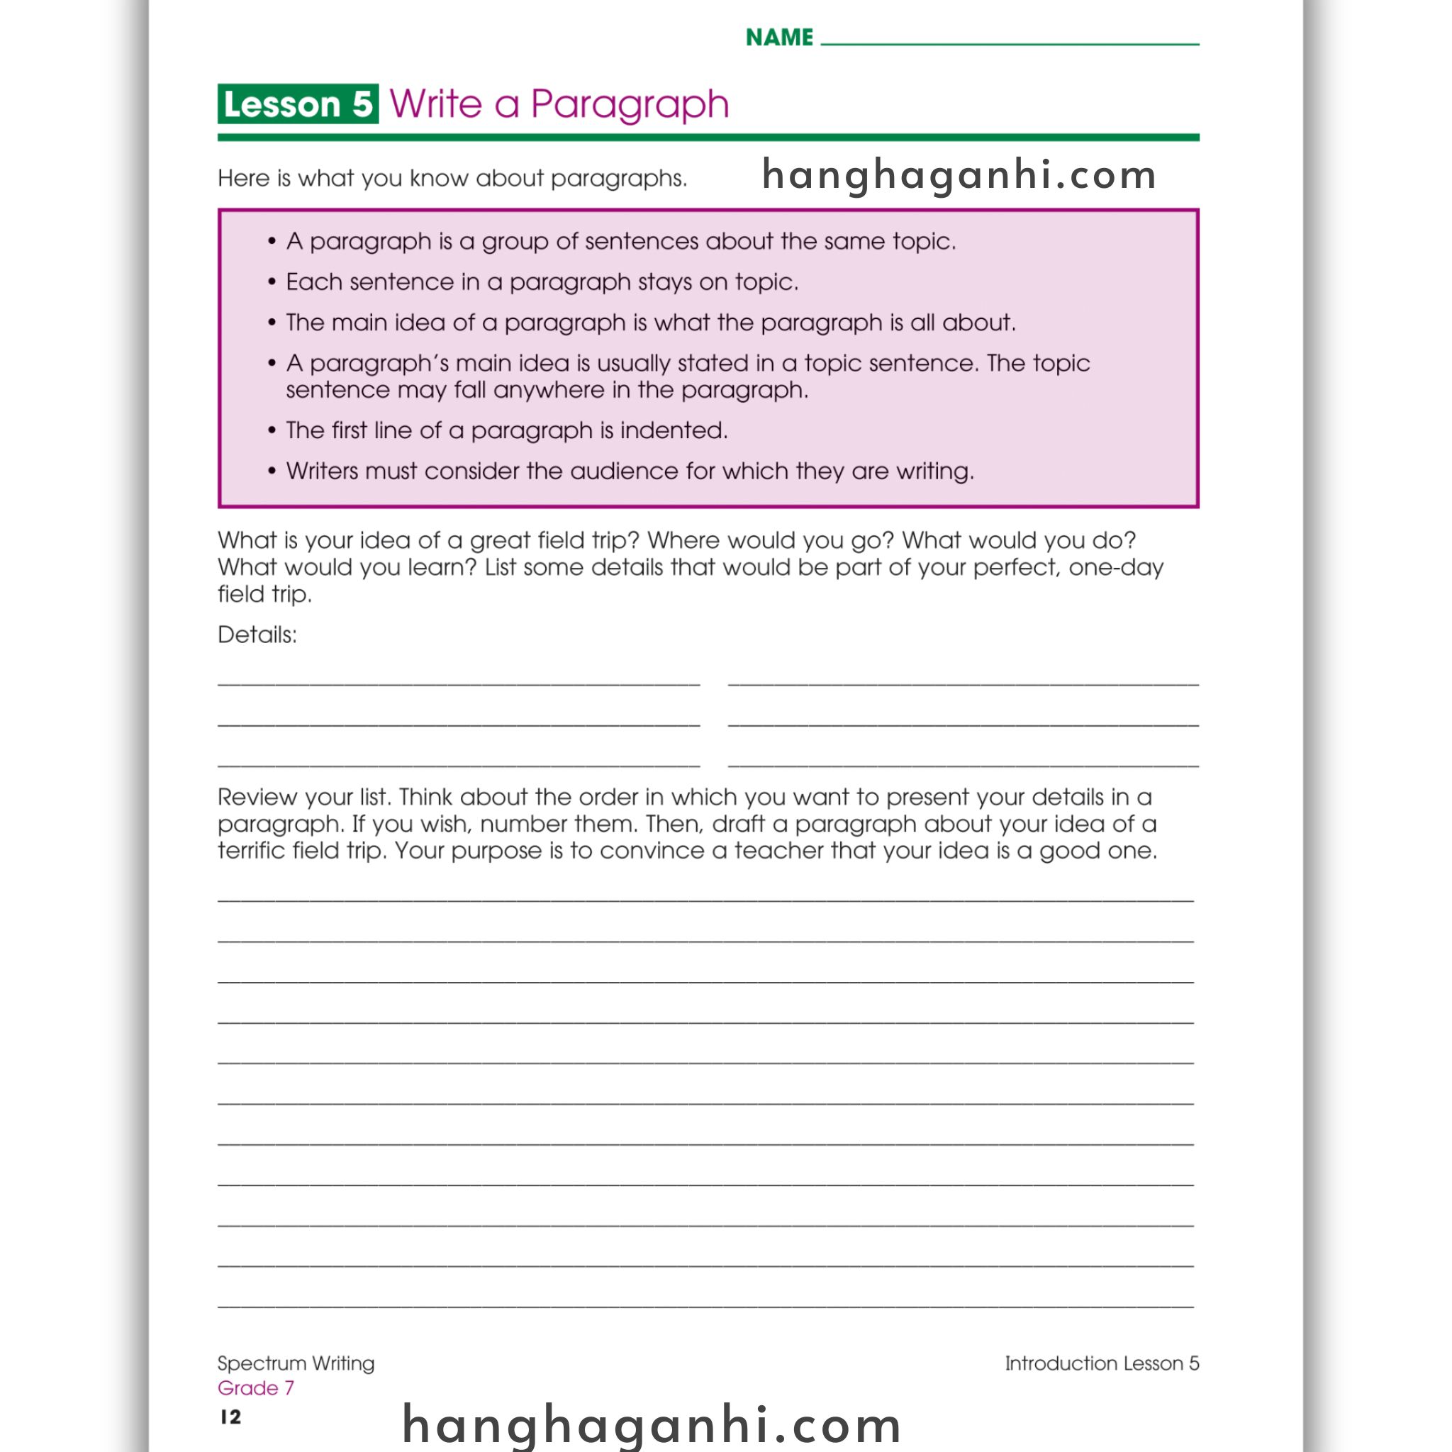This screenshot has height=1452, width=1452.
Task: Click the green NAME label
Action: click(778, 37)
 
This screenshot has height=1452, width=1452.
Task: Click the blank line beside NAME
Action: click(1010, 42)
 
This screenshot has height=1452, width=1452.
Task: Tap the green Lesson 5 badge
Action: click(298, 104)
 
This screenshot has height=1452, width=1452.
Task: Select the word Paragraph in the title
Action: click(630, 104)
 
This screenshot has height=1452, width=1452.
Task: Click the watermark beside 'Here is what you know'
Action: click(959, 174)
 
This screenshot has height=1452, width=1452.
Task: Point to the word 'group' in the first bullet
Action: click(515, 241)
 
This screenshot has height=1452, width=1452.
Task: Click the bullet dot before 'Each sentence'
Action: click(272, 282)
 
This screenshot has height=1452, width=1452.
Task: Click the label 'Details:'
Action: click(257, 635)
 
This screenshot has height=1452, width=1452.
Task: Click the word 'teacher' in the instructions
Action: click(787, 850)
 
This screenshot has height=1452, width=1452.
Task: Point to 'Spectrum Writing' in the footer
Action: click(296, 1363)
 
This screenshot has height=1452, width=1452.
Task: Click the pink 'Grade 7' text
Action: click(255, 1387)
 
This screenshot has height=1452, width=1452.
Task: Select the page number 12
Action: click(230, 1417)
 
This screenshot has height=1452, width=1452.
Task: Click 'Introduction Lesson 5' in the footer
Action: click(1102, 1363)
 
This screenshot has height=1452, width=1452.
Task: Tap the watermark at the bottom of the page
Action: click(652, 1424)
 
